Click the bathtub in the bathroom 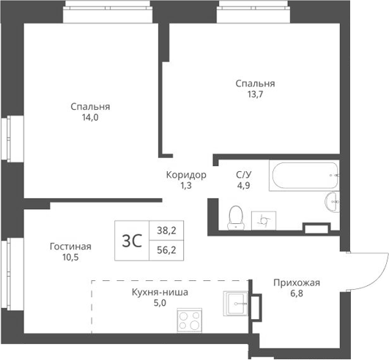pyautogui.click(x=305, y=176)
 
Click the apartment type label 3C pyautogui.click(x=133, y=239)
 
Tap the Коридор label pyautogui.click(x=185, y=175)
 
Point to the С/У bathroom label pyautogui.click(x=243, y=175)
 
